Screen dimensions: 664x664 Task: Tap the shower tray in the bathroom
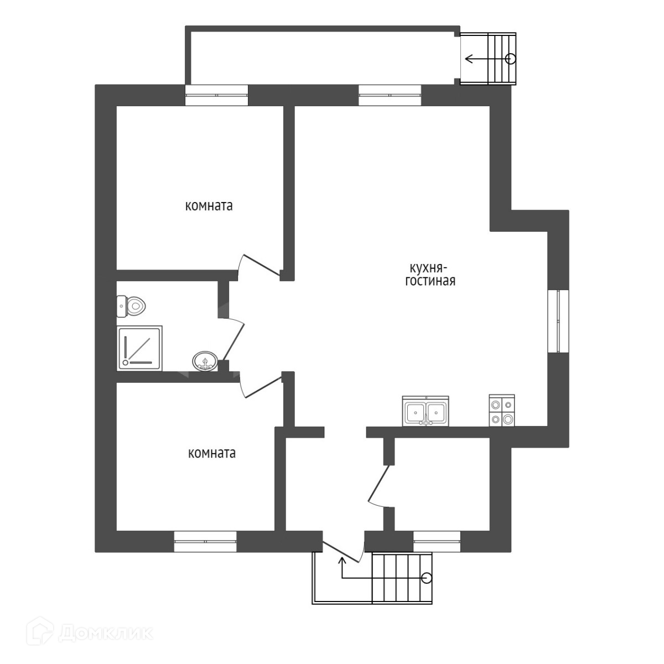139,348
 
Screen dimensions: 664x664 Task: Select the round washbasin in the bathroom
205,362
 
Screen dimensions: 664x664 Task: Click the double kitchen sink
426,412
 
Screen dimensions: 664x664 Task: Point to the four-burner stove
502,411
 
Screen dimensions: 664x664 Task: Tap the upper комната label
209,206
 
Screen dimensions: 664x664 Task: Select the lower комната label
212,453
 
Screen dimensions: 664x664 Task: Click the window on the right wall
558,320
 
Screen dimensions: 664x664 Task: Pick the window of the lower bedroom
205,541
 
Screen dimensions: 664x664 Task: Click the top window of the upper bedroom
216,95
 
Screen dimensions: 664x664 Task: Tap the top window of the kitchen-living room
390,95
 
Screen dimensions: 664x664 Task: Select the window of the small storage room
437,541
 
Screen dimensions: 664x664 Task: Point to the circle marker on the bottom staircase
426,578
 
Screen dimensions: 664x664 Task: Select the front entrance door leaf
343,551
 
